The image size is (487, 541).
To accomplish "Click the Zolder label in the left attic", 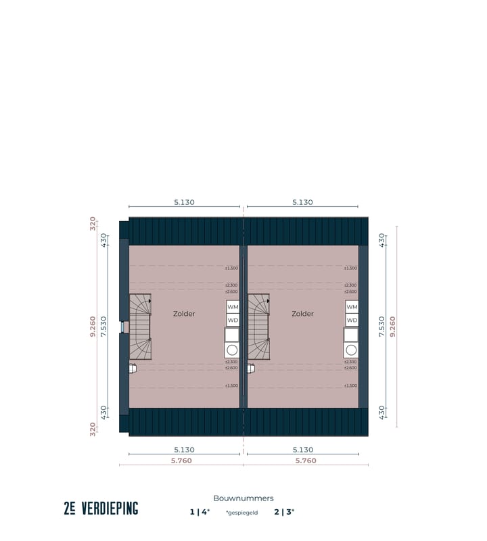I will click(x=184, y=314).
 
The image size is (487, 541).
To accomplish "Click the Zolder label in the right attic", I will click(x=302, y=314).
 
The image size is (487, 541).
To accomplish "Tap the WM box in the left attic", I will click(x=233, y=307).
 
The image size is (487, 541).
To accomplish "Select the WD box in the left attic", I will click(x=233, y=320).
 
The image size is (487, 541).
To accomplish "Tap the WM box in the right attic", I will click(x=351, y=307).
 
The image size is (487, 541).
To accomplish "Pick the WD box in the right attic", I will click(x=351, y=320).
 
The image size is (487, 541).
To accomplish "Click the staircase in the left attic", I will click(x=141, y=327).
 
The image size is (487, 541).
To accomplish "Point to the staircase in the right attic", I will click(x=259, y=327).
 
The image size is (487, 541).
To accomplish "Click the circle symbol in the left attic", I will click(x=232, y=350).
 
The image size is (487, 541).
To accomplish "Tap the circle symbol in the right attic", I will click(x=351, y=350).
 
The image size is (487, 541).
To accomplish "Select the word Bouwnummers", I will click(x=243, y=498).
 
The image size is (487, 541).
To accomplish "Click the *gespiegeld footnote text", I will click(x=241, y=513).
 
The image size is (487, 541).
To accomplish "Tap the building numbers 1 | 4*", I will click(x=200, y=512).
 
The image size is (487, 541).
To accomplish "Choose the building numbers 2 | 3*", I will click(x=284, y=512).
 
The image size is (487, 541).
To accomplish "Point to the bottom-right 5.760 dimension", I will click(x=306, y=461).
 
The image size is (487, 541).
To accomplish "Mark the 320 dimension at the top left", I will click(x=93, y=224).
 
